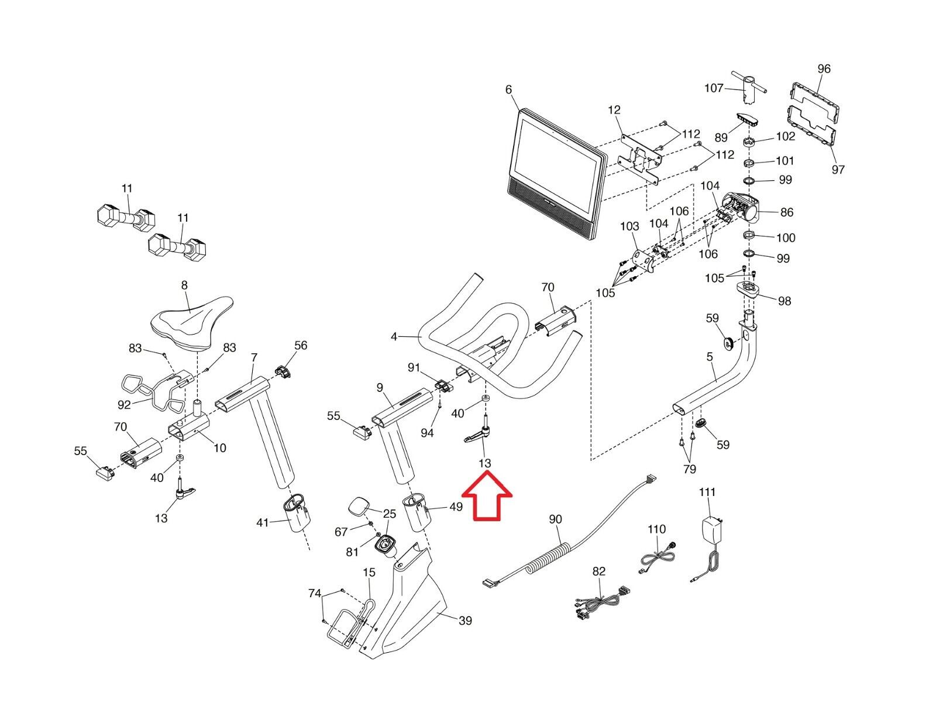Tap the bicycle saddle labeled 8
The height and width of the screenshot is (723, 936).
click(x=192, y=320)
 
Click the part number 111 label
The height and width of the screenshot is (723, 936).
click(x=707, y=493)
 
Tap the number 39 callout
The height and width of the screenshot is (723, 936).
click(x=465, y=621)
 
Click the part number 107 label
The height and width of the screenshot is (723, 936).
click(x=714, y=88)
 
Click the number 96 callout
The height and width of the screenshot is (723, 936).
click(x=824, y=69)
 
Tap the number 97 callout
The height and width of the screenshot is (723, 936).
click(x=838, y=170)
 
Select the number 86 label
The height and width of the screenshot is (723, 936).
click(x=787, y=212)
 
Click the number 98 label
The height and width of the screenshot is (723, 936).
click(x=784, y=301)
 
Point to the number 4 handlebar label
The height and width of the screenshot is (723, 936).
click(x=394, y=337)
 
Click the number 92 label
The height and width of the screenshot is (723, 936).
click(x=124, y=404)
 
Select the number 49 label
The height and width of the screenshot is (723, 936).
click(x=456, y=507)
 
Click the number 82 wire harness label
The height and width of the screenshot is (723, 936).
click(x=599, y=571)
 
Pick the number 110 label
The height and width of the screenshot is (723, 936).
click(x=656, y=529)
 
